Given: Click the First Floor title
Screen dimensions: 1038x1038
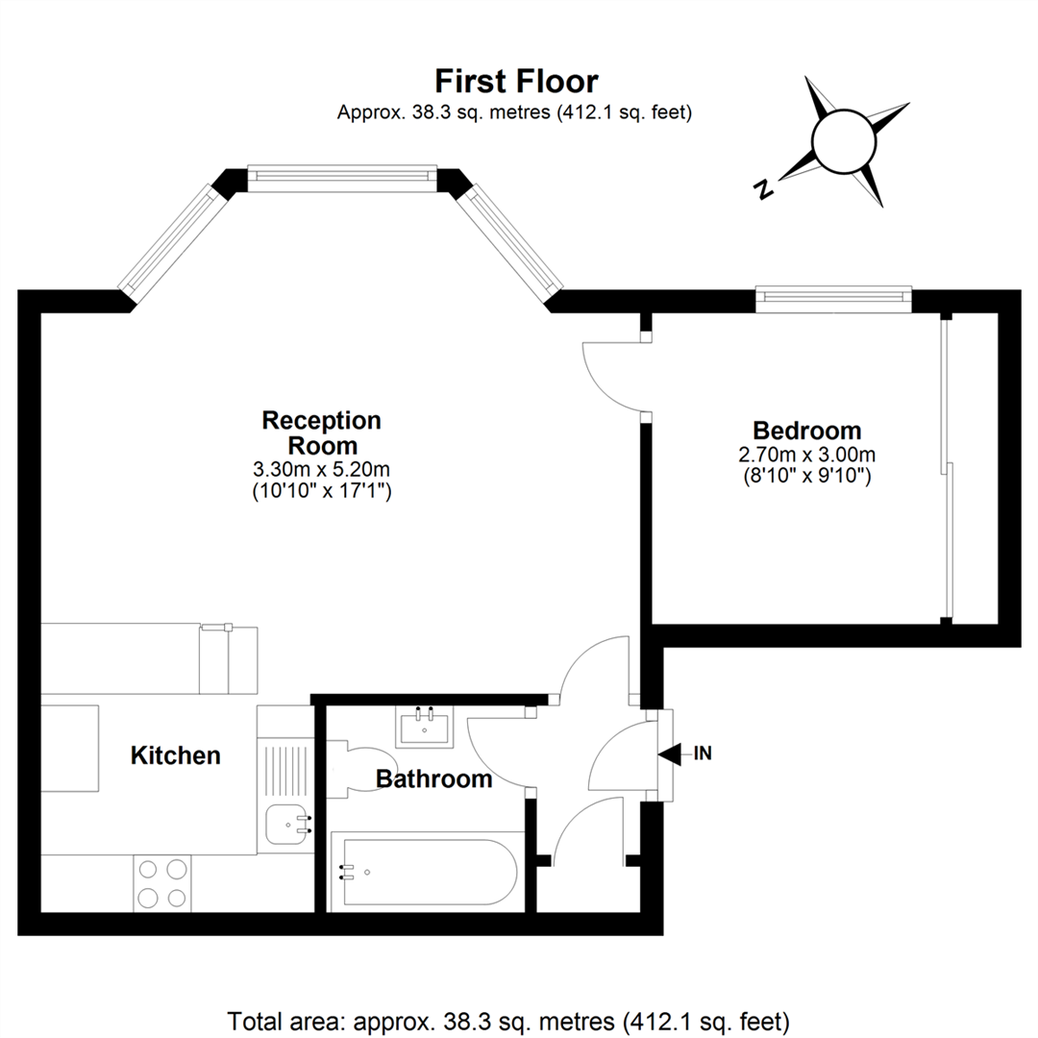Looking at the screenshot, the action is point(516,82).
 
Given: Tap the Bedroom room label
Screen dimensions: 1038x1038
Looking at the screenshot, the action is point(807,431).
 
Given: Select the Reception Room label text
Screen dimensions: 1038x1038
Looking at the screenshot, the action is point(322,432).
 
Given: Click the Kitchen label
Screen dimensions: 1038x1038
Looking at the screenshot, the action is point(176,755).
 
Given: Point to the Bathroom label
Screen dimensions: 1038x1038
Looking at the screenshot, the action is point(434,779).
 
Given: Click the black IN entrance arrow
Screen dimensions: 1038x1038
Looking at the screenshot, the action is point(670,754).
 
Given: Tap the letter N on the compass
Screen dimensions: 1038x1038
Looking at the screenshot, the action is point(763,189).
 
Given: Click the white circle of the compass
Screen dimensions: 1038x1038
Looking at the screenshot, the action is point(844,142).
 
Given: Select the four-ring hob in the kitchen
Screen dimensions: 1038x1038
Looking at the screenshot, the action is point(162,883).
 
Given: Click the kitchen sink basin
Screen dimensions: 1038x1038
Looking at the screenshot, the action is point(286,825).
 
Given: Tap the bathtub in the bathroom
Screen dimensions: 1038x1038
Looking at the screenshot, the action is point(428,872).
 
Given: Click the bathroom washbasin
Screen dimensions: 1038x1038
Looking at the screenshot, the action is point(425,727).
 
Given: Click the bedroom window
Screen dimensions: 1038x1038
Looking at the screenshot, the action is point(834,299).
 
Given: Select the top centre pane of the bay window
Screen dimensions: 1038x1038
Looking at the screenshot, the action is point(342,179).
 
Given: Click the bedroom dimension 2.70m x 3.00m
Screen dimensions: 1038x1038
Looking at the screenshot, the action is point(807,455).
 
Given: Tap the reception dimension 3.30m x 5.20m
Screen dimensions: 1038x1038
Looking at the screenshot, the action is point(322,469).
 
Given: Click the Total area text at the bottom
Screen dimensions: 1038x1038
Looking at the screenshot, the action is point(508,1022).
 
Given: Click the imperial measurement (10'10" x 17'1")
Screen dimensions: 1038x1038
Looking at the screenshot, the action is point(322,491).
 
